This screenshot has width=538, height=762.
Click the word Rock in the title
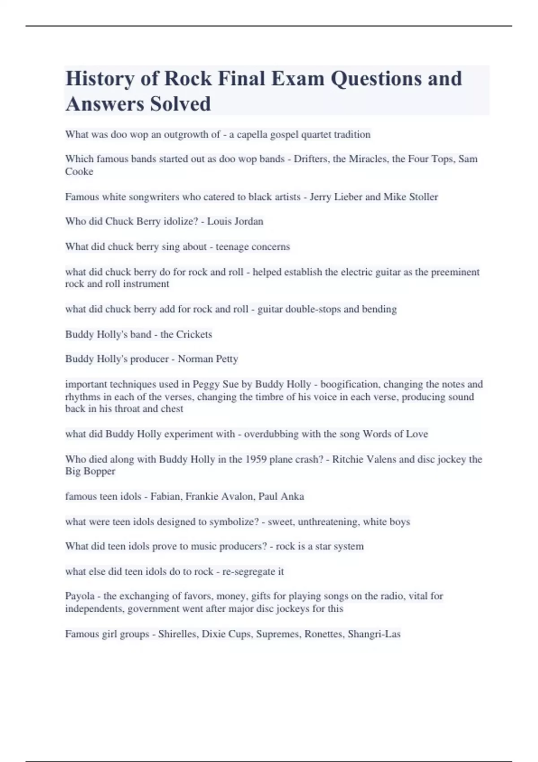(x=188, y=78)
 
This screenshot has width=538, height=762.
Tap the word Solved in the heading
(x=180, y=104)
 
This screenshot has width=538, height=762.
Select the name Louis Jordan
(x=235, y=221)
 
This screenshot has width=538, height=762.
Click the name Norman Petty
(x=208, y=359)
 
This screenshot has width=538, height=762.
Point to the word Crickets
(x=194, y=334)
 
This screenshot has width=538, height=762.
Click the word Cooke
(x=79, y=172)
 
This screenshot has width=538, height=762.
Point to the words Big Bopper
(x=90, y=472)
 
